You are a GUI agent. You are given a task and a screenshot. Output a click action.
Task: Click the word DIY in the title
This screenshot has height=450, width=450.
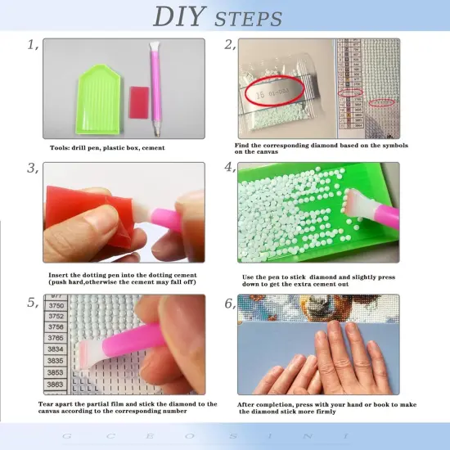click(182, 16)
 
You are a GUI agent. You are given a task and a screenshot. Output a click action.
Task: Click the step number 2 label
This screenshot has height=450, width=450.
click(230, 45)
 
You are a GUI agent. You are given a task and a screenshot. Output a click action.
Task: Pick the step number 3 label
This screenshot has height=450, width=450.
click(33, 168)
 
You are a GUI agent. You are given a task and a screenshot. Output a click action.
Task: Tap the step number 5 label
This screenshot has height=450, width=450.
click(33, 302)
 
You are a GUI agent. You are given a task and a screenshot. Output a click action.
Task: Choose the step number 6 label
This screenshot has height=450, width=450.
click(230, 302)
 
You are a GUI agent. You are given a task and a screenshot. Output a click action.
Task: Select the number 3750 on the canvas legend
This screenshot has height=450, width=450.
click(56, 304)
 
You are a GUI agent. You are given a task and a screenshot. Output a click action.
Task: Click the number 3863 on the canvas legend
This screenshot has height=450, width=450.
click(56, 383)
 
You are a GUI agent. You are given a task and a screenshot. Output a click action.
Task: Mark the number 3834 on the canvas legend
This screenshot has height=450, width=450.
click(56, 349)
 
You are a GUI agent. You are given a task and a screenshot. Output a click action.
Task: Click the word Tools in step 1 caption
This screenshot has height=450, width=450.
click(61, 148)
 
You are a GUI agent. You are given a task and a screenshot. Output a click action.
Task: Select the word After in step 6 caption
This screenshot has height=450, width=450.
click(245, 403)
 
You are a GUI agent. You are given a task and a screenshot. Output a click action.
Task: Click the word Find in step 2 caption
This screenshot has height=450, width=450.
click(243, 145)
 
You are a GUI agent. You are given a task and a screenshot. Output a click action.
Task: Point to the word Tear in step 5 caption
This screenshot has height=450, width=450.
click(47, 403)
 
